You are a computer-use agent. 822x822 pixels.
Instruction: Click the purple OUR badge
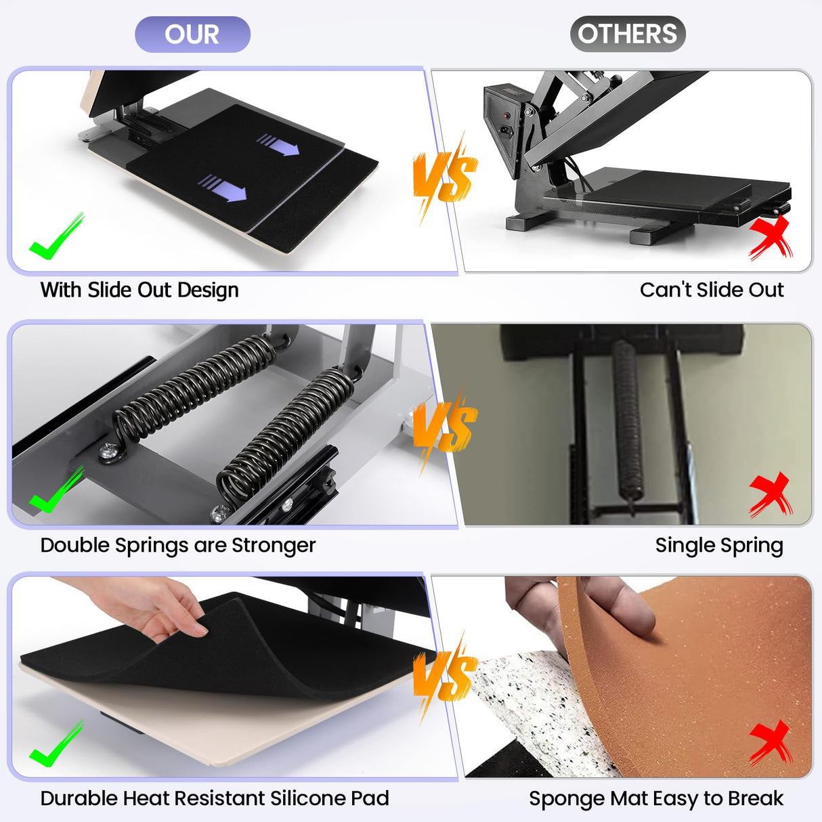point(192,35)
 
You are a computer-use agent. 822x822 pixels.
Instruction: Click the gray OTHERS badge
point(627,34)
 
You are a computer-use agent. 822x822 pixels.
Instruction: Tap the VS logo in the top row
point(445,177)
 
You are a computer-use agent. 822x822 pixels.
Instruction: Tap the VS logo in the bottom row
point(445,677)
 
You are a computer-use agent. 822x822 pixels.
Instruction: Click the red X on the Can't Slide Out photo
point(771,239)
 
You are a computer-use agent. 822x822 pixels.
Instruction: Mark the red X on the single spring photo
point(771,494)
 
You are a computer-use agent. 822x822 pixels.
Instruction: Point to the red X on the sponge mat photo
point(771,742)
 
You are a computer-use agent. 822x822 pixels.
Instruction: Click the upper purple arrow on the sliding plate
point(278,144)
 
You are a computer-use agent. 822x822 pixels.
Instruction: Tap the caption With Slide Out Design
point(139,290)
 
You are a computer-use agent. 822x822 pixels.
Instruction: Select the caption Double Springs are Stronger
point(178,545)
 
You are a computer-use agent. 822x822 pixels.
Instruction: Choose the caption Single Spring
point(719,545)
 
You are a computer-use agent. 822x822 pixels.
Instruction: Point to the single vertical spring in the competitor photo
point(628,420)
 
